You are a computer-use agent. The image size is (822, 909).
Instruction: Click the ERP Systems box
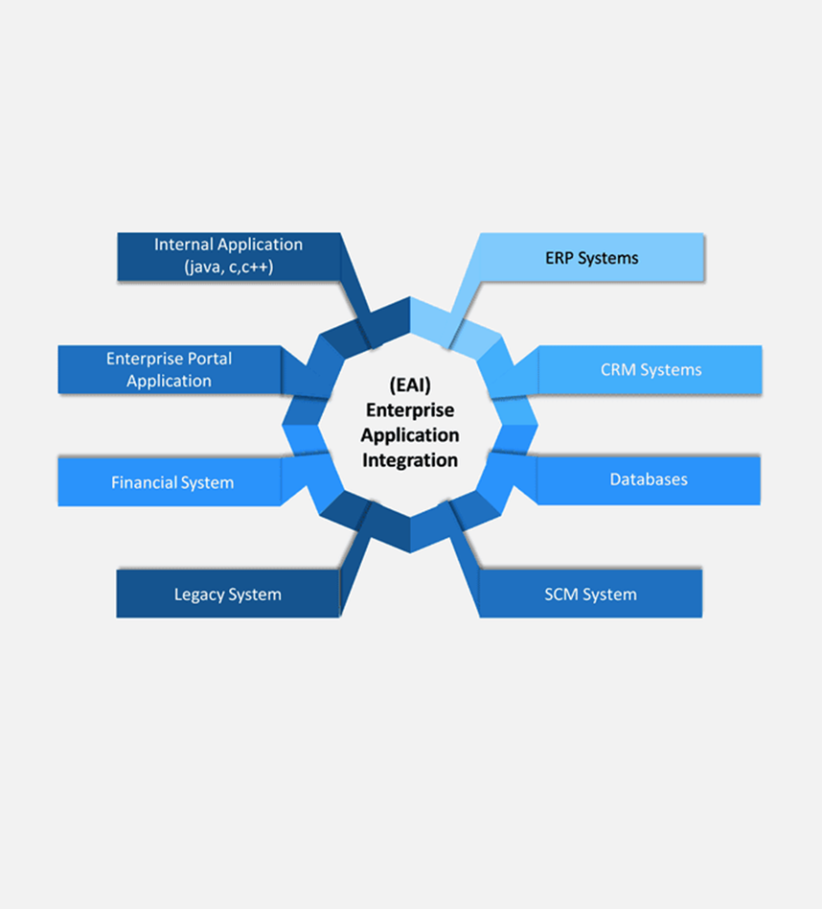tap(592, 257)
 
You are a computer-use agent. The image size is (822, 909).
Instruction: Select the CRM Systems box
tap(650, 370)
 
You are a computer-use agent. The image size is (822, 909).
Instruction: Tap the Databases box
tap(648, 480)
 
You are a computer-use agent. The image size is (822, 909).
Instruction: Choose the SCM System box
tap(590, 594)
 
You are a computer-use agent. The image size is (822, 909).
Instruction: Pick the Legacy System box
tap(228, 594)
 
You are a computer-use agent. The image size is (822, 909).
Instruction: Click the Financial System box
tap(169, 482)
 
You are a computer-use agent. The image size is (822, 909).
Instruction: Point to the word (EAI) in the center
tap(410, 385)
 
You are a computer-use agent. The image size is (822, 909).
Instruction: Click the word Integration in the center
tap(410, 460)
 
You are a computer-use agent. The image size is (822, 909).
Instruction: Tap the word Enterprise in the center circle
tap(410, 411)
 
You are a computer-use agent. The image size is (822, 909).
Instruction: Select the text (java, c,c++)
tap(229, 267)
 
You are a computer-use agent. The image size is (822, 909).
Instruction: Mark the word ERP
tap(559, 258)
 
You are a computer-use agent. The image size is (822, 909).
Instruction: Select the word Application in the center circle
tap(410, 436)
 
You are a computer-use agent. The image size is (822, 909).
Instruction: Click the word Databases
tap(648, 479)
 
